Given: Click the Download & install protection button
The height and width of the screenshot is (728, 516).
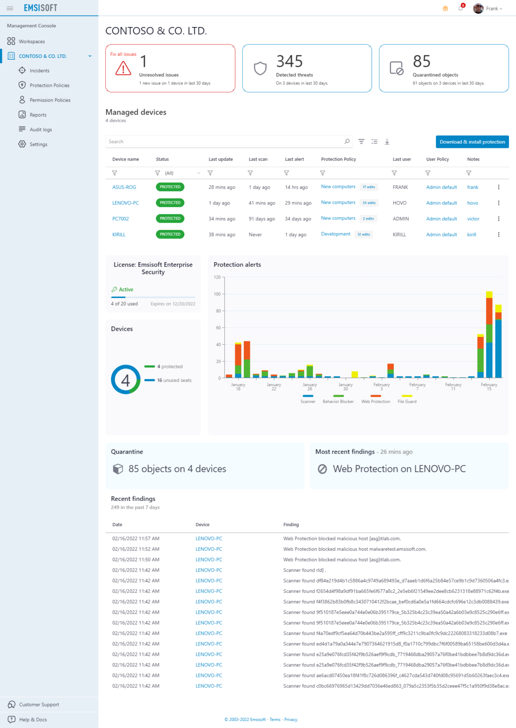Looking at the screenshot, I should click(472, 142).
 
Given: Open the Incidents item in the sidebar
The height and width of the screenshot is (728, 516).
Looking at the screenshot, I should click(39, 71).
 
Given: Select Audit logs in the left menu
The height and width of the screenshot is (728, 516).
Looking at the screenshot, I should click(41, 129).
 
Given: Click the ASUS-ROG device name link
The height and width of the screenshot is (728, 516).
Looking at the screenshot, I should click(124, 187).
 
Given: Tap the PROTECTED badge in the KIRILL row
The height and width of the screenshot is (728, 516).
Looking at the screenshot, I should click(170, 234).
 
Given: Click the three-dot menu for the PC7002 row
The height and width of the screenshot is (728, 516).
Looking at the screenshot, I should click(498, 218).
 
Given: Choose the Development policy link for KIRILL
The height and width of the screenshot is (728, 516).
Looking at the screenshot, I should click(336, 234).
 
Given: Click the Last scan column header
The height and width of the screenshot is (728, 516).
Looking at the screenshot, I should click(258, 159).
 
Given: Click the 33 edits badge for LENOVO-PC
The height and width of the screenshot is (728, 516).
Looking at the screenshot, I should click(369, 203).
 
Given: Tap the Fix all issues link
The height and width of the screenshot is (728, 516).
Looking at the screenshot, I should click(123, 54).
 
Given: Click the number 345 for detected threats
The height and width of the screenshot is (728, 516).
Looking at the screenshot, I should click(289, 61).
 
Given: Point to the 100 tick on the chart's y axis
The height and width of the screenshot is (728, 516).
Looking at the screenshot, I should click(217, 294).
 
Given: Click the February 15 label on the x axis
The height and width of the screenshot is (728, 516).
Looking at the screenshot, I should click(489, 387).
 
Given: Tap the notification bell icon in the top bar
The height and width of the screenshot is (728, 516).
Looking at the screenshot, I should click(461, 9).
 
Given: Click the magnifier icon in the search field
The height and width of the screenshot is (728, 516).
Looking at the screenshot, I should click(347, 141).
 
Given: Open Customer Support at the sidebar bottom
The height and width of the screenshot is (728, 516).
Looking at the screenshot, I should click(39, 705).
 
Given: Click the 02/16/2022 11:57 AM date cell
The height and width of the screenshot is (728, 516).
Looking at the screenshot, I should click(136, 538).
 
